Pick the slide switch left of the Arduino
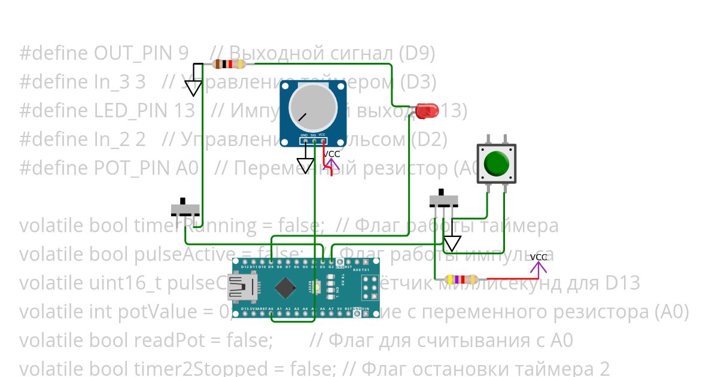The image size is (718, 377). coord(185,208)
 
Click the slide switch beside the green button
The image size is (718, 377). coord(445,200)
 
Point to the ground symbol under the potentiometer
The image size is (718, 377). coord(306,165)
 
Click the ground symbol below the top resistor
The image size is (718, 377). coord(193,87)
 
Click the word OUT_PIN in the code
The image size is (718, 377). coord(141,54)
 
